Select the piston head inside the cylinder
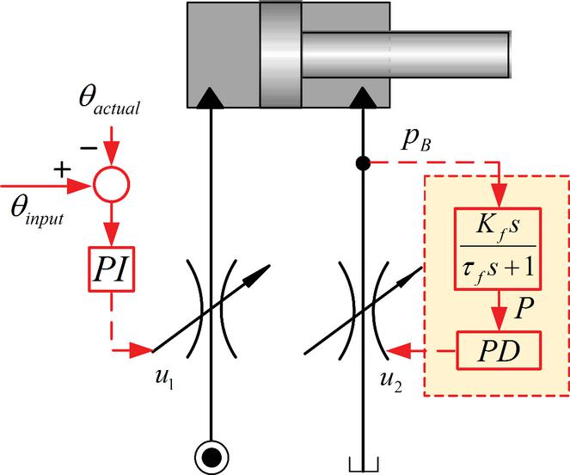[281, 52]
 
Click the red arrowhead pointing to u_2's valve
[396, 351]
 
